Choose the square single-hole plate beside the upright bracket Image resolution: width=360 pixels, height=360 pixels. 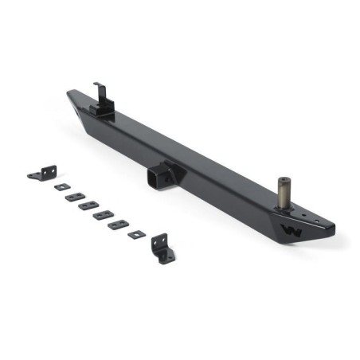(137, 234)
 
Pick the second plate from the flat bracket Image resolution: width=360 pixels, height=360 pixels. (75, 196)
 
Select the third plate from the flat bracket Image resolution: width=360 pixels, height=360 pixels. (88, 205)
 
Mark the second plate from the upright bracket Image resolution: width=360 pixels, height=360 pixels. (119, 225)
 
